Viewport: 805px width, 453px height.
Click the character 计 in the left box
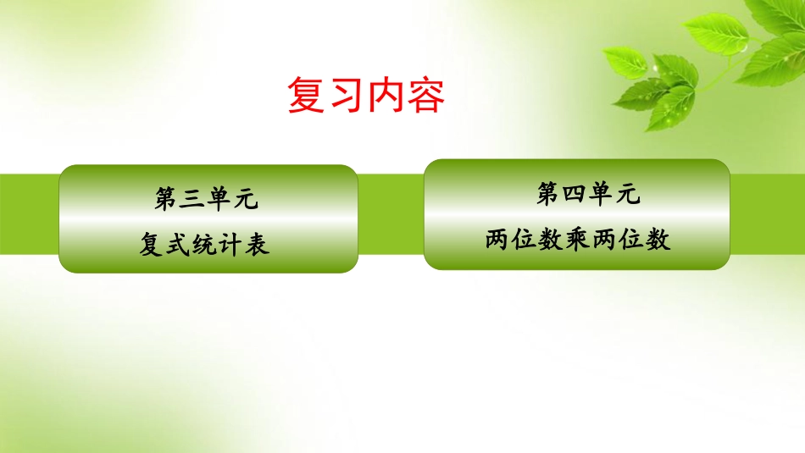point(231,245)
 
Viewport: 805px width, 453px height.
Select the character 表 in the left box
point(258,245)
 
